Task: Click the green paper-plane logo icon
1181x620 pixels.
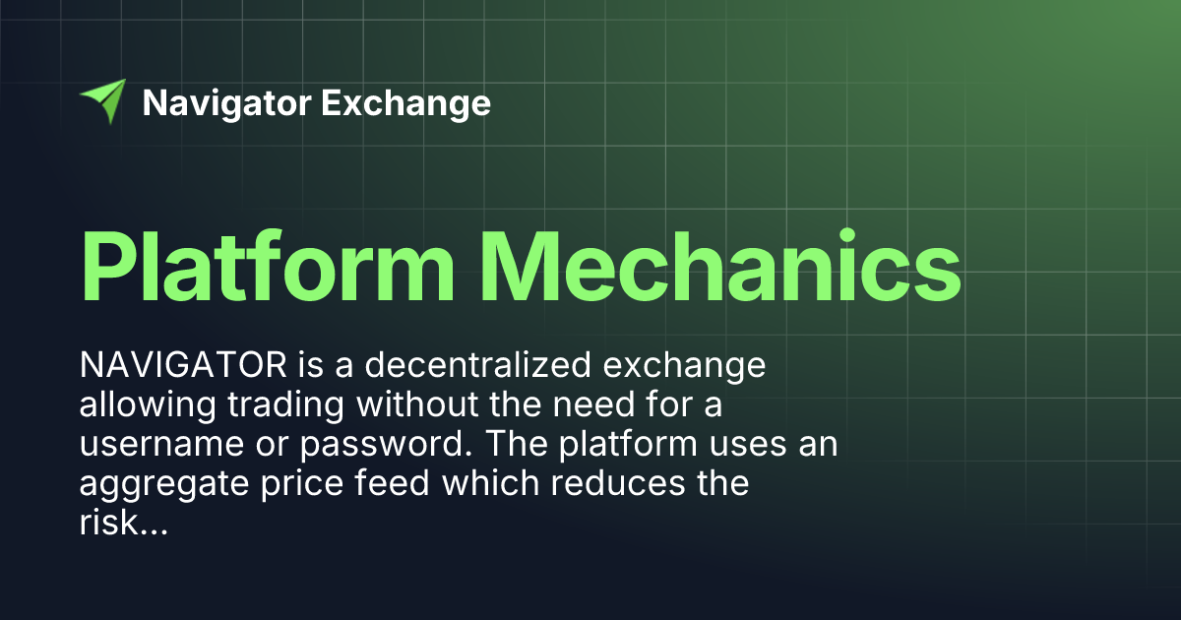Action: (103, 100)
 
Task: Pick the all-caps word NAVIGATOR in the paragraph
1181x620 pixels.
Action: (183, 366)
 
